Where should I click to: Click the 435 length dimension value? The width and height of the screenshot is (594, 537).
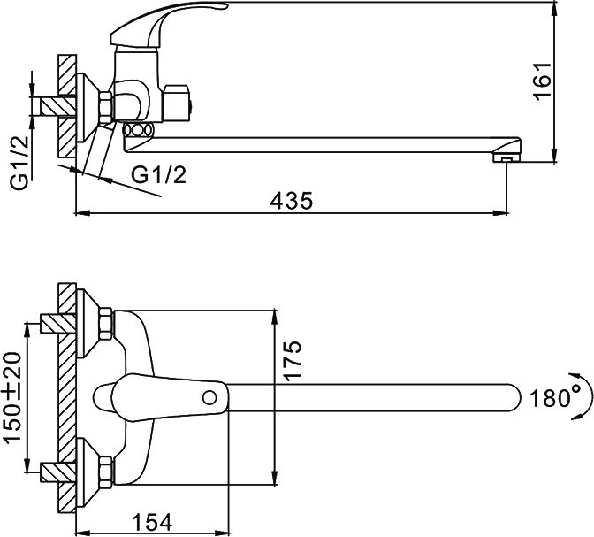point(292,200)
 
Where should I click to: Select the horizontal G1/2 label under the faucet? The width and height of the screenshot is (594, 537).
point(159,175)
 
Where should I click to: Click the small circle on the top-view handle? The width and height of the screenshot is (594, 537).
point(213,395)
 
